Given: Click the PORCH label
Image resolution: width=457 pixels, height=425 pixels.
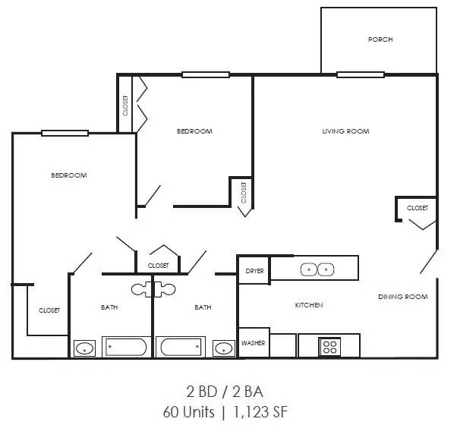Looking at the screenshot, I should click(x=380, y=39).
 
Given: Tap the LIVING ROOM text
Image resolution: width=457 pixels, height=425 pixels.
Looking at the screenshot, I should click(x=345, y=131).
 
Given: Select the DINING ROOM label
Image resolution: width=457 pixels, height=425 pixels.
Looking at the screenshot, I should click(x=402, y=297).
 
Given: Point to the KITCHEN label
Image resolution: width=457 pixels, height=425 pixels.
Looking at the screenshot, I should click(x=309, y=305).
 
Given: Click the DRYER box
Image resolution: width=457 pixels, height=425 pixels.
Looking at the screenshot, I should click(x=254, y=271).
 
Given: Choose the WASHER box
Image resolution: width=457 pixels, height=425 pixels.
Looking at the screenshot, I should click(x=254, y=343).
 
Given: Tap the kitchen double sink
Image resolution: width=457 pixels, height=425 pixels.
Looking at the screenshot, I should click(x=317, y=269).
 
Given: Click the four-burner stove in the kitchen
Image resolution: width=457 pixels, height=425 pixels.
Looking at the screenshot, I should click(x=330, y=346).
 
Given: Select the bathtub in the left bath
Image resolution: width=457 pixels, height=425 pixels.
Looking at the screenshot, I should click(x=125, y=348).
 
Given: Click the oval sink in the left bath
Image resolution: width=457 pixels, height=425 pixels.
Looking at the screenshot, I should click(x=85, y=349).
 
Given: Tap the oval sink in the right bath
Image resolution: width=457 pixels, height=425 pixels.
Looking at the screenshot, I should click(x=223, y=348).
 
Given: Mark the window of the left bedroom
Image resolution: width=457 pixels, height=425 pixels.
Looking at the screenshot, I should click(x=65, y=134).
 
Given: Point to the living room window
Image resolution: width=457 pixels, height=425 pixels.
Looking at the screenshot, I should click(x=360, y=74).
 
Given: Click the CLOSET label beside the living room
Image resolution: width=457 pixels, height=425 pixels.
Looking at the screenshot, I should click(x=417, y=208).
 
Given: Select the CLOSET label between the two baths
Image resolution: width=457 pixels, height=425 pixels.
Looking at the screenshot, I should click(x=158, y=266).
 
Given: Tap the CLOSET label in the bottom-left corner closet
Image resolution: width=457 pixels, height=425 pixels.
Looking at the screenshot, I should click(x=49, y=310).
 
